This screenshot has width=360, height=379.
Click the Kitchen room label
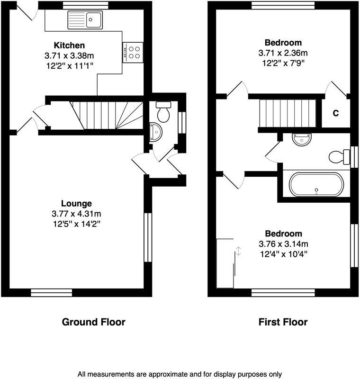pyautogui.click(x=69, y=45)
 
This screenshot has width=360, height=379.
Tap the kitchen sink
pyautogui.click(x=86, y=20)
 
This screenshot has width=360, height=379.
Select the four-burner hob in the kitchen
pyautogui.click(x=133, y=52)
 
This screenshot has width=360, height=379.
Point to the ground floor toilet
pyautogui.click(x=163, y=111)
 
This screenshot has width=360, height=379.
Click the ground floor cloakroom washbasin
pyautogui.click(x=154, y=133)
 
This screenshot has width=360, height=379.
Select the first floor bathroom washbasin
pyautogui.click(x=301, y=139)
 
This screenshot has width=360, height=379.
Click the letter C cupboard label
pyautogui.click(x=335, y=113)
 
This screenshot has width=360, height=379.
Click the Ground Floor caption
pyautogui.click(x=94, y=322)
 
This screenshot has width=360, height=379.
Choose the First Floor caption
pyautogui.click(x=283, y=322)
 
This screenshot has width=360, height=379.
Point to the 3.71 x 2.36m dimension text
pyautogui.click(x=283, y=53)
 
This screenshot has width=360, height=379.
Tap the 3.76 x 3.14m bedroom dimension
pyautogui.click(x=283, y=244)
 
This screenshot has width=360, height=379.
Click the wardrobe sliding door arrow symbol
pyautogui.click(x=238, y=251)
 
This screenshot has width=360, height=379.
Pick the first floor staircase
pyautogui.click(x=287, y=113)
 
